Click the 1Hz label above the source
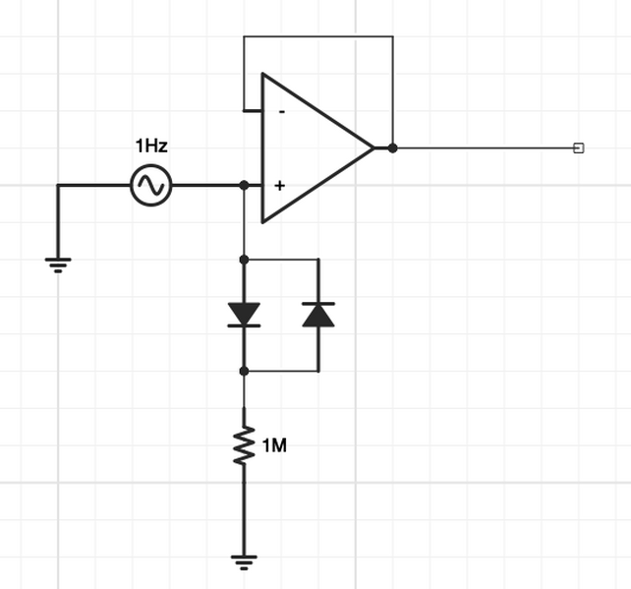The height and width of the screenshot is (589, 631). (151, 147)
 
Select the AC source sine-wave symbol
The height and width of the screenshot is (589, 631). (151, 185)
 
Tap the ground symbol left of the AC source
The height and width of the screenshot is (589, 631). (58, 263)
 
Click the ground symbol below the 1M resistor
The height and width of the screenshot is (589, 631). (244, 562)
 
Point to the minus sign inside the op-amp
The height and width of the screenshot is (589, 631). (282, 112)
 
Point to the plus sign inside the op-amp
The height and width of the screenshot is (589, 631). (280, 185)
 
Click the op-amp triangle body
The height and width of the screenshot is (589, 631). (315, 148)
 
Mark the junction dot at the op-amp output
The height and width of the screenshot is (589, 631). (392, 148)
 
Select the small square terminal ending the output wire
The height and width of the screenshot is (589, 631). (578, 148)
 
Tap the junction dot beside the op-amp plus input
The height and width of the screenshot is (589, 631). (244, 185)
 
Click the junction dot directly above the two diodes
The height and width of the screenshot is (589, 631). (244, 260)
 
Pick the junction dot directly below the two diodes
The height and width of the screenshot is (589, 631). (244, 371)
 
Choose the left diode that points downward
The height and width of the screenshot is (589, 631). (244, 314)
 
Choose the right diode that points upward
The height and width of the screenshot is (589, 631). (318, 314)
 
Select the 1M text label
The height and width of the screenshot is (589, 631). (274, 445)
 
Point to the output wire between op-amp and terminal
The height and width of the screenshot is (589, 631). (482, 148)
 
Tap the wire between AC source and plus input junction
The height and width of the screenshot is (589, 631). (207, 185)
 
